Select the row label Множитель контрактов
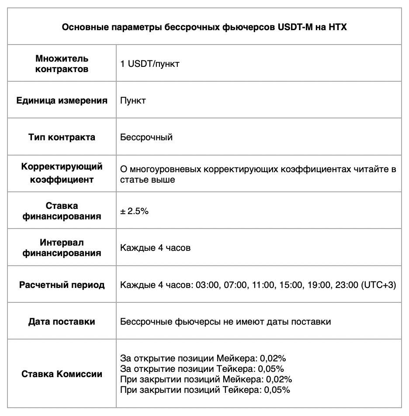62,64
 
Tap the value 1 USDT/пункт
150,64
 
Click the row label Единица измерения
62,101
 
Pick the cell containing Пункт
133,101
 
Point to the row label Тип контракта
62,137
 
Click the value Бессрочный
146,137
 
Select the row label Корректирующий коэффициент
62,173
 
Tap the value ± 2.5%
135,211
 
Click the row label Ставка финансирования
62,211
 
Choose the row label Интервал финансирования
62,247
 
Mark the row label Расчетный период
62,285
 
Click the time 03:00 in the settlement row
208,285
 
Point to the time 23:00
346,285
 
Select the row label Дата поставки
62,322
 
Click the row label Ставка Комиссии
62,374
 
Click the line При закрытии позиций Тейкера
205,389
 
